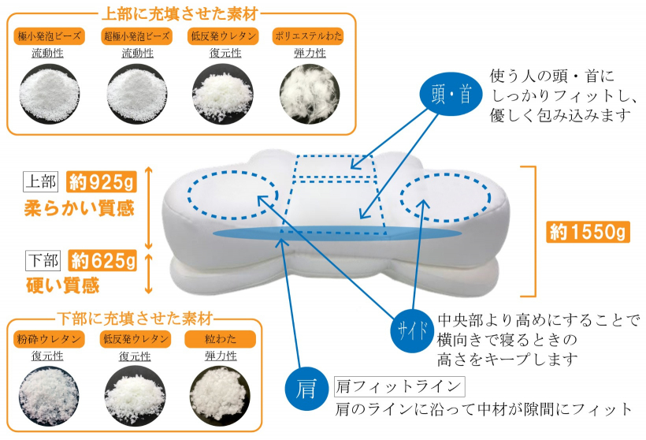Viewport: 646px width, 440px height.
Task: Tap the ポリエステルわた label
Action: pos(308,36)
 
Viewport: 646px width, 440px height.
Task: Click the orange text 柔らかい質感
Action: pos(79,209)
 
